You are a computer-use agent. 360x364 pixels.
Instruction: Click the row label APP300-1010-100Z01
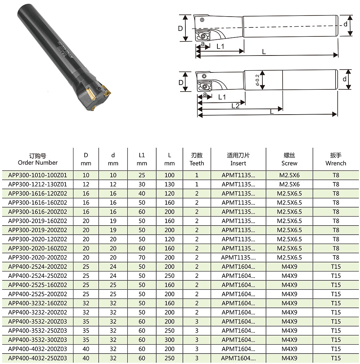pos(37,175)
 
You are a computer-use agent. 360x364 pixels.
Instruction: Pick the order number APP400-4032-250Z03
pos(37,358)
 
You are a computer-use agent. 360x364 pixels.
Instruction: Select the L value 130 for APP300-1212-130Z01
pos(170,184)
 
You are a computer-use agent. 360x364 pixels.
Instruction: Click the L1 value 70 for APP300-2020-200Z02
pos(142,257)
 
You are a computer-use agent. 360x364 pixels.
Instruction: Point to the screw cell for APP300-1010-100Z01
pos(289,175)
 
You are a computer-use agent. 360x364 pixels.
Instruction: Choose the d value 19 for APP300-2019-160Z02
pos(113,221)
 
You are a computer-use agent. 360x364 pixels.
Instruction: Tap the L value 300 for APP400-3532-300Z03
pos(170,340)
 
